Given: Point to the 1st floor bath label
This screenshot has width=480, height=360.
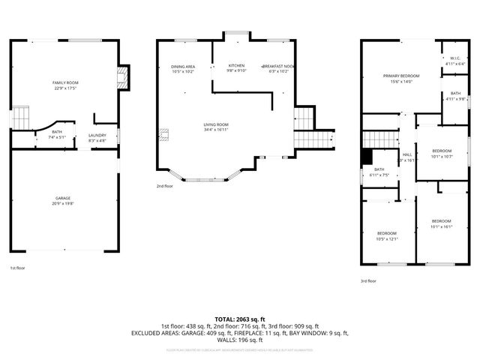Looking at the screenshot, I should coord(58,134).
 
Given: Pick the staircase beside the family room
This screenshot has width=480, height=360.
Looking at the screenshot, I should coord(22,118).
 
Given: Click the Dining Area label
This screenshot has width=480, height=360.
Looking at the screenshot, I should coord(183,68).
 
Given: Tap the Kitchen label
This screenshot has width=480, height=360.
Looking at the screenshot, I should coord(236,67).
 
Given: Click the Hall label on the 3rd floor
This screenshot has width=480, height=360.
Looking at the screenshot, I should coord(407,157).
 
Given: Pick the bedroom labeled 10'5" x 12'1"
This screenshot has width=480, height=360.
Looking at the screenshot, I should coord(387,235).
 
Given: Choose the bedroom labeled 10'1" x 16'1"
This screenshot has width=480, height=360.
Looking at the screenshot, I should coord(441,223).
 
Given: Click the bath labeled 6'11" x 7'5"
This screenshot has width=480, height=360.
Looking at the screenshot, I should coord(379,172).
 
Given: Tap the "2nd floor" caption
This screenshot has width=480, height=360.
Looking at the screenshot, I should coord(164,186).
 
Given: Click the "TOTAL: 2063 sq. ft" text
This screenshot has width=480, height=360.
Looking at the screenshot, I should coord(239,319).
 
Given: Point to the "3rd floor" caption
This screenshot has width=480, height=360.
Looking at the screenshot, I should coord(367,280).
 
